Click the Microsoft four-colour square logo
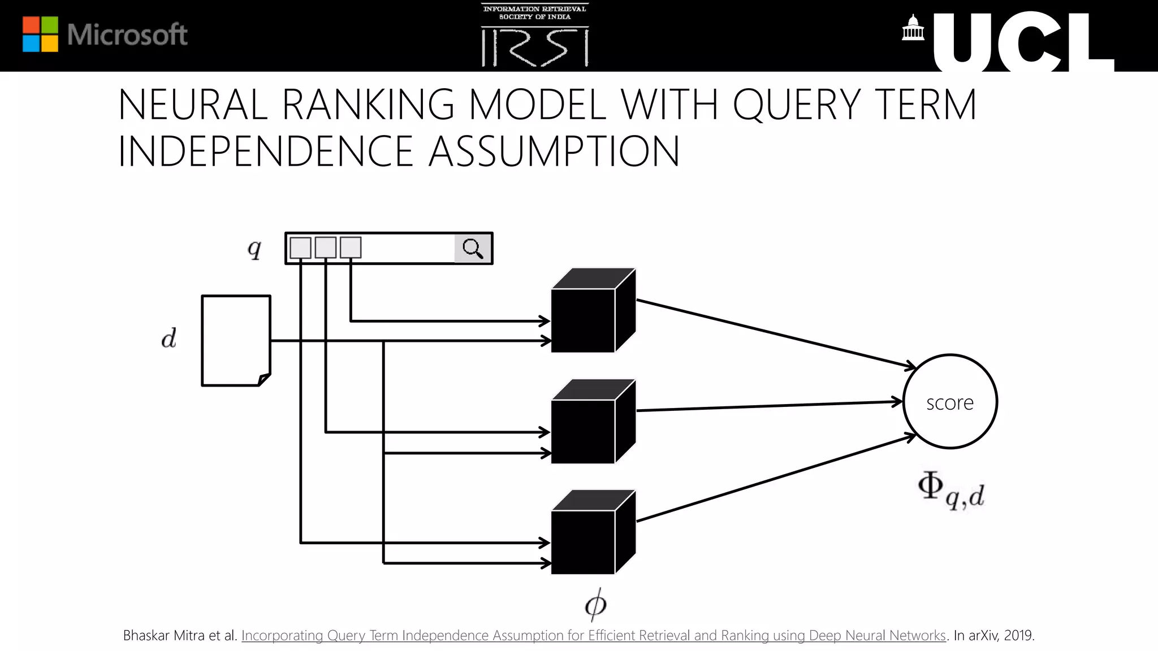click(x=40, y=34)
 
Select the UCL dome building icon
click(x=913, y=28)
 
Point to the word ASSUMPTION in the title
click(x=554, y=151)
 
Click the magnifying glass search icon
click(x=473, y=248)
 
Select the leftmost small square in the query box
click(x=300, y=248)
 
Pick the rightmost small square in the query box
click(x=351, y=248)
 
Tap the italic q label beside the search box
click(x=254, y=248)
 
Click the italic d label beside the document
click(x=168, y=338)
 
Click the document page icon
click(x=236, y=340)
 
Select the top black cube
click(x=593, y=311)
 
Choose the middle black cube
click(x=593, y=422)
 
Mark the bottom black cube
click(x=593, y=533)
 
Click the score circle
click(x=950, y=402)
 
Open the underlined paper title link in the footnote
click(x=593, y=636)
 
